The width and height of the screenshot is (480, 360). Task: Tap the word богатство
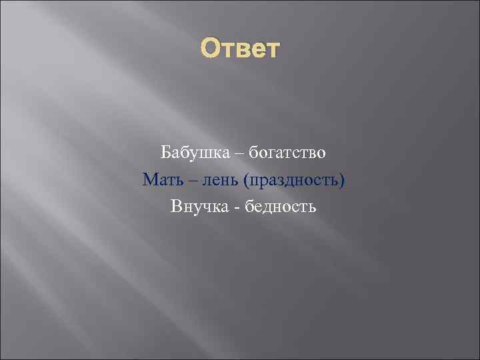(288, 153)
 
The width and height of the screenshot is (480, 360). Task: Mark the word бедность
(280, 207)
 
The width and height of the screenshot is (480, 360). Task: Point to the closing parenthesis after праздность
(342, 181)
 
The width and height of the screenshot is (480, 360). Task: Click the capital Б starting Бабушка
(165, 153)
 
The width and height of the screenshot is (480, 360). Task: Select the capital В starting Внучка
(176, 207)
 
